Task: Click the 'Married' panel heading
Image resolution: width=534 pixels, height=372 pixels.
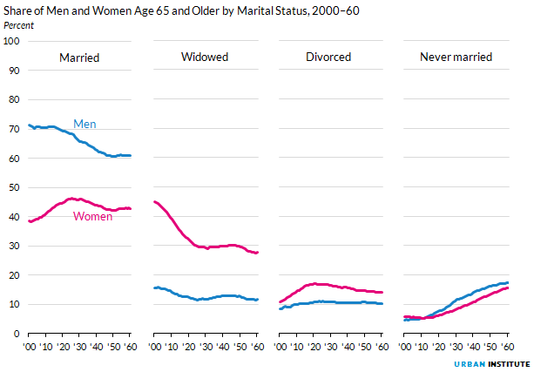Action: [x=78, y=57]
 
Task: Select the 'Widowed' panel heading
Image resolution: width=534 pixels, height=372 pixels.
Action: [x=205, y=57]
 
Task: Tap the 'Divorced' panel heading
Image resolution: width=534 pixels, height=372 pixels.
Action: [x=328, y=57]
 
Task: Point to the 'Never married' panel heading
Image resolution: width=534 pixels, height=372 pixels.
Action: [x=456, y=57]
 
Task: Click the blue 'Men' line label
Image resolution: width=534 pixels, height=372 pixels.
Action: [x=84, y=125]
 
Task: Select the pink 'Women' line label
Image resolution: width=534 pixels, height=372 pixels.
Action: [x=92, y=216]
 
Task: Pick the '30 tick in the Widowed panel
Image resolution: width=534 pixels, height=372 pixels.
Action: [x=206, y=347]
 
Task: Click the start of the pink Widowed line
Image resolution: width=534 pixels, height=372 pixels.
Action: [x=154, y=202]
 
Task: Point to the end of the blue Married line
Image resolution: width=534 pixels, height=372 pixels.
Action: [x=131, y=156]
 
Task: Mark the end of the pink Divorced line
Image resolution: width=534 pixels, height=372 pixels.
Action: [x=382, y=293]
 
